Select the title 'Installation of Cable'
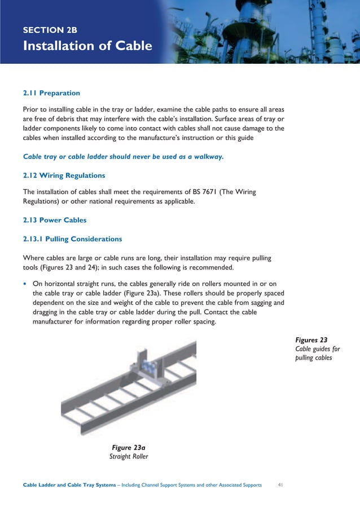click(x=87, y=46)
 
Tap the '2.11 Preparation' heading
click(x=51, y=93)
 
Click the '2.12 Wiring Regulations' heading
click(x=64, y=176)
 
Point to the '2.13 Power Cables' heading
click(x=55, y=220)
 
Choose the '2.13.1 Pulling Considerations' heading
click(x=72, y=239)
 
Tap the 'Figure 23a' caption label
click(x=129, y=447)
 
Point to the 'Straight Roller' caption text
click(x=129, y=456)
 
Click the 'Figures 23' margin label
click(x=311, y=340)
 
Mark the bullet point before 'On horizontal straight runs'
click(x=25, y=283)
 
